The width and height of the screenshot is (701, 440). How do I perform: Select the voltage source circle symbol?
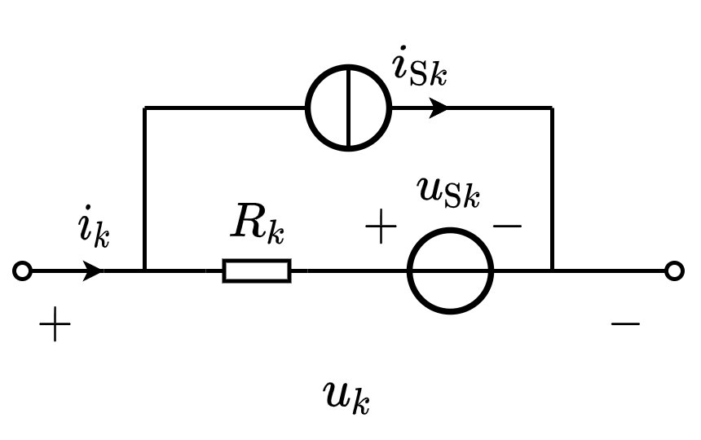pos(450,271)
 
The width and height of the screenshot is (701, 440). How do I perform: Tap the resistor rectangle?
pos(257,271)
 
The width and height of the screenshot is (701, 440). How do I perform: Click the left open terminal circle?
pos(23,271)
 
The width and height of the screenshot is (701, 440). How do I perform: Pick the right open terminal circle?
pos(674,271)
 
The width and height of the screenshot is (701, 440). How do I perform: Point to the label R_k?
pos(258,222)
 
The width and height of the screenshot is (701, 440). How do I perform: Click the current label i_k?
pos(93,228)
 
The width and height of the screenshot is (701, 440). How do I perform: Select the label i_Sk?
pos(420,68)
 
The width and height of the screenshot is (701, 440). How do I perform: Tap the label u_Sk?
pos(448,191)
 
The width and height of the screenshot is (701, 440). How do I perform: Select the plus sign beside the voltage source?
pos(380,228)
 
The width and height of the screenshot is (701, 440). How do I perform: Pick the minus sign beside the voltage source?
pos(507,224)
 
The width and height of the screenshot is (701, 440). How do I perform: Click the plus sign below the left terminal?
pos(55,326)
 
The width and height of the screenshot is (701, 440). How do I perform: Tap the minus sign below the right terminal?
pos(625,324)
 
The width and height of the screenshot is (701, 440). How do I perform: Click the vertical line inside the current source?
pos(349,108)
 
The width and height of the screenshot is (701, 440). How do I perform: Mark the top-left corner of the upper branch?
pos(144,108)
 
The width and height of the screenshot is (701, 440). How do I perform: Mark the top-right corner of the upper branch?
pos(552,108)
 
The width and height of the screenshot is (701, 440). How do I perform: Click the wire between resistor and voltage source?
pos(349,271)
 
